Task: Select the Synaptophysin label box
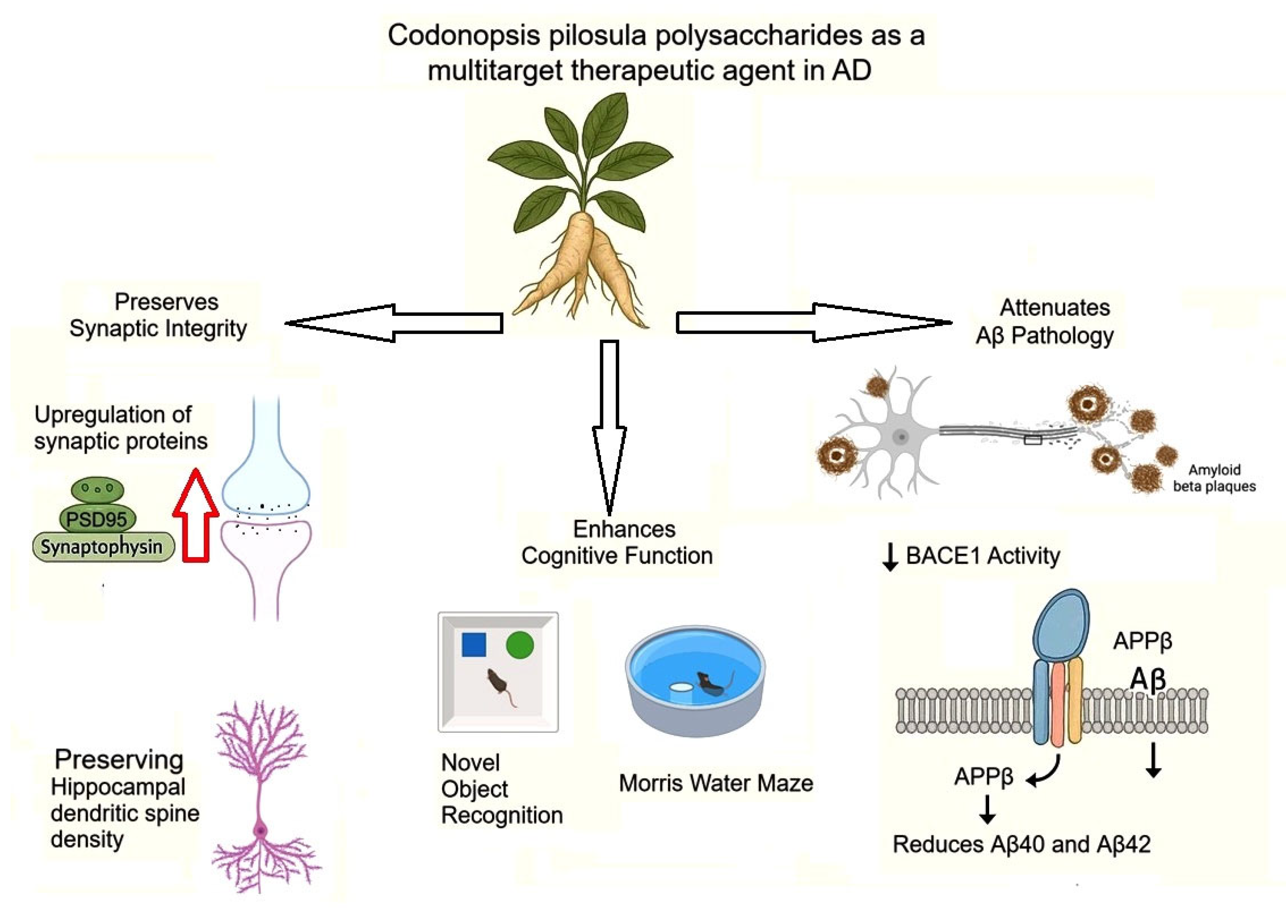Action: pyautogui.click(x=103, y=547)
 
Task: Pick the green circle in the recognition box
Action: pyautogui.click(x=520, y=645)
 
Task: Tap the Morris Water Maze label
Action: pyautogui.click(x=716, y=783)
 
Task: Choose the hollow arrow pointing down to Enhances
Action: pyautogui.click(x=609, y=427)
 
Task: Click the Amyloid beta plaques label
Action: pyautogui.click(x=1214, y=478)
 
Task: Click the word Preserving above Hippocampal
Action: pyautogui.click(x=119, y=760)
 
